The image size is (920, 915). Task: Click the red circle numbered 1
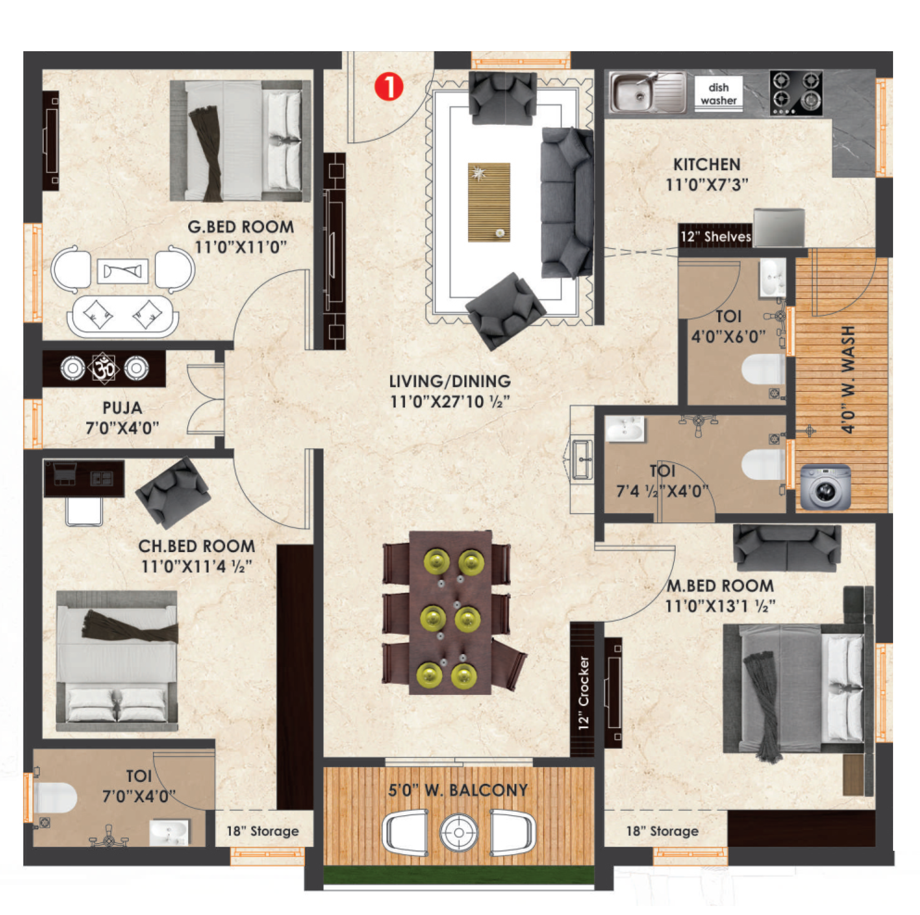389,87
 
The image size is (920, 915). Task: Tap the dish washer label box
718,93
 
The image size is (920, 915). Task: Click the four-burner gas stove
796,93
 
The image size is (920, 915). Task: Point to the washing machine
825,487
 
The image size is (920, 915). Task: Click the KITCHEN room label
707,165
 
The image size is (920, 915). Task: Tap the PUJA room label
122,408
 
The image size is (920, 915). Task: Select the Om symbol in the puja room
104,368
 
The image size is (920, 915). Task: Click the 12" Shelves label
715,237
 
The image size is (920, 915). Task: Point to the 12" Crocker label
584,694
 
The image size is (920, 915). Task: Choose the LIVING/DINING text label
450,381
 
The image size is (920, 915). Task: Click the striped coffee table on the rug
489,202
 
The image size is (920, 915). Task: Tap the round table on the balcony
458,832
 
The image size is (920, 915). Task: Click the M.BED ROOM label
720,586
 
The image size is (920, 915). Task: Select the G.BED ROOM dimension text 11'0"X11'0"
240,247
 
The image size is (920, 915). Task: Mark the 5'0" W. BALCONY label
458,790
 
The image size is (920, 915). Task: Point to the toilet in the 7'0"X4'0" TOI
55,798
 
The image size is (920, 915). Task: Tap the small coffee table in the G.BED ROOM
122,271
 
